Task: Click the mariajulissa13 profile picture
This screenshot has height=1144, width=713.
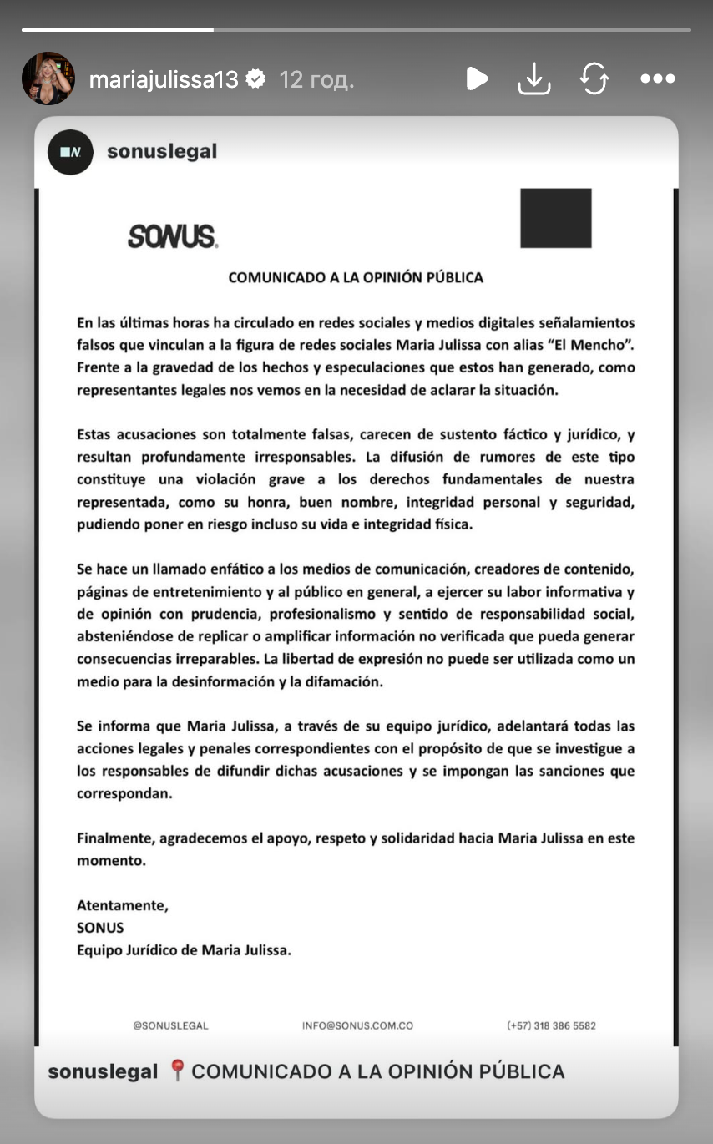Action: pos(48,78)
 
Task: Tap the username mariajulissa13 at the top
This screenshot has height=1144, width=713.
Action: pos(164,79)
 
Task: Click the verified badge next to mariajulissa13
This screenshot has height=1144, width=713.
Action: pos(257,79)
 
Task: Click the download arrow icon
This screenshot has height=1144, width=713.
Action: pos(534,79)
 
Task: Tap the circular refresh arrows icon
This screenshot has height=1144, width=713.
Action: pos(594,79)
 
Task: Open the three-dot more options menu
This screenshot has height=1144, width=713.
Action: pos(657,79)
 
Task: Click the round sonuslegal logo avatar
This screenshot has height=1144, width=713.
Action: pos(70,152)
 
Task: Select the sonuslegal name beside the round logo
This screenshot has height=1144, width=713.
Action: pos(162,151)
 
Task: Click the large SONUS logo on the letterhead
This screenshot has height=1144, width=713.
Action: pos(173,237)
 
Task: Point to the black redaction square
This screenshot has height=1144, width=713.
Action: pos(555,218)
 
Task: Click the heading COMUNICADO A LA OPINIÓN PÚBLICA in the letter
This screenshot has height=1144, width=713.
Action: pos(356,278)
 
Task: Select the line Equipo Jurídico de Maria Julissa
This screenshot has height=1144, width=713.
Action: pos(184,949)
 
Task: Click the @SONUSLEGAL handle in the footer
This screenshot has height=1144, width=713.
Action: pos(170,1025)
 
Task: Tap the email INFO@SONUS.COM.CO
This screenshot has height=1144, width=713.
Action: pos(357,1025)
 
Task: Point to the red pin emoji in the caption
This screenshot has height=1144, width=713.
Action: pos(176,1071)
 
